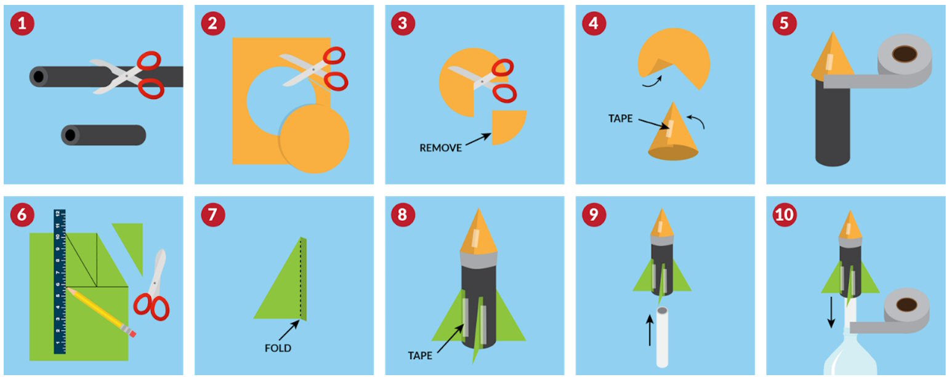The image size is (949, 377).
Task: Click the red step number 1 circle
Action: tap(22, 23)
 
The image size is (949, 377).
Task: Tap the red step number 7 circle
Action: tap(212, 214)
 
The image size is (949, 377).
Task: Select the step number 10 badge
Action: tap(785, 214)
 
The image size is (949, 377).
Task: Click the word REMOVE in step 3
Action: tap(440, 148)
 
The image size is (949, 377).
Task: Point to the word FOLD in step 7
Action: tap(278, 348)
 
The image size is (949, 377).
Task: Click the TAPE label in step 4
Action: tap(620, 119)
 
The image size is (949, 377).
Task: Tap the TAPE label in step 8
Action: tap(420, 356)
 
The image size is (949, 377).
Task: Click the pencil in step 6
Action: tap(102, 312)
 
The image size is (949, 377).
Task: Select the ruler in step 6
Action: tap(60, 282)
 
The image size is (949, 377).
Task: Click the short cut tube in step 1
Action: tap(103, 135)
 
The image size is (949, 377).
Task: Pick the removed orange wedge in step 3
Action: tap(509, 127)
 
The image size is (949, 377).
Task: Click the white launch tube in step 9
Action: tap(662, 337)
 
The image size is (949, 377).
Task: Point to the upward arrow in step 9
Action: tap(650, 330)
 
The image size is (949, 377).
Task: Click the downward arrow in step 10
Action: tap(831, 312)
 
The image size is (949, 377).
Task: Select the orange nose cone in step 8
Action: tap(479, 231)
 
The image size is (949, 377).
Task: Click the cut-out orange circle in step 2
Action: tap(314, 139)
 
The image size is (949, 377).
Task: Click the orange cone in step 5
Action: tap(832, 57)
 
